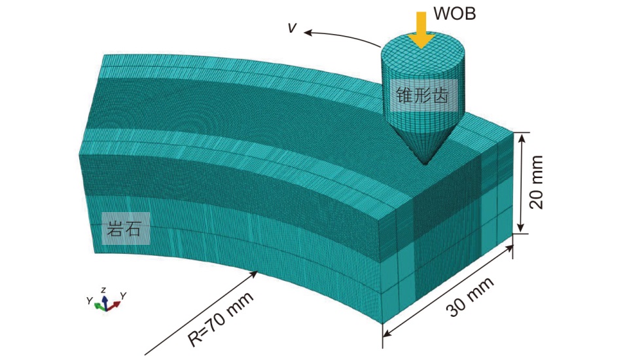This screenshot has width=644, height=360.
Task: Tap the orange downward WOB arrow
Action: tap(422, 29)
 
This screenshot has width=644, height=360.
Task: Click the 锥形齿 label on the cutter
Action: tap(421, 95)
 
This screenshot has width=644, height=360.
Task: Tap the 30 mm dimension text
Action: tap(470, 298)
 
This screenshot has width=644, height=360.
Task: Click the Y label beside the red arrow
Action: tap(122, 296)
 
